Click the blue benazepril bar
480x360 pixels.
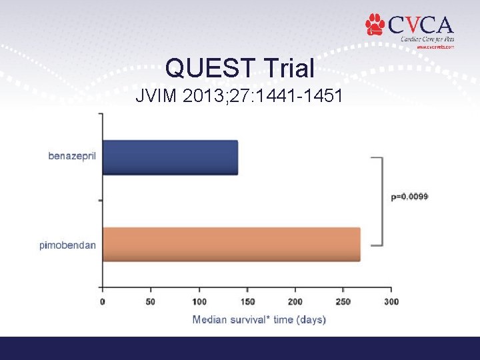click(170, 157)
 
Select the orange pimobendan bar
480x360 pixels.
click(231, 244)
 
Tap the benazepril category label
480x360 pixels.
click(72, 156)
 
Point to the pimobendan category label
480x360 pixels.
click(67, 245)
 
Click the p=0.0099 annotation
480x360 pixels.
click(409, 197)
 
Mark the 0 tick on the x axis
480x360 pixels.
click(102, 302)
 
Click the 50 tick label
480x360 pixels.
click(150, 302)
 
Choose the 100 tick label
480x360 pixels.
click(198, 302)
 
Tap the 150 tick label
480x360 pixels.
click(246, 302)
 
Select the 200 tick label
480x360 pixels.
click(294, 302)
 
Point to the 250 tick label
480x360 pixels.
click(342, 302)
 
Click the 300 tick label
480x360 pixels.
click(391, 302)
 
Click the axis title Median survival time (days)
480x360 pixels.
click(259, 320)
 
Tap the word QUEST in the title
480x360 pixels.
click(209, 68)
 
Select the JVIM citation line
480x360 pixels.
click(239, 97)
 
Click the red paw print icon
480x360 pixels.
click(375, 25)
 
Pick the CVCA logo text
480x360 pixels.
click(421, 25)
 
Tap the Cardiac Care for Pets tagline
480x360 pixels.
click(427, 39)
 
